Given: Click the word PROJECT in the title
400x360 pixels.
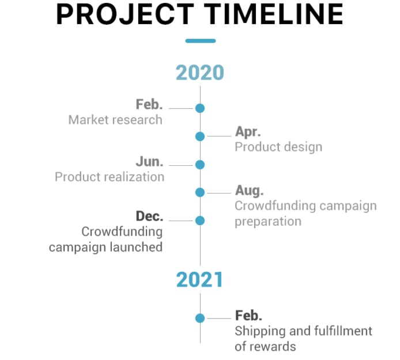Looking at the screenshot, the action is point(125,14).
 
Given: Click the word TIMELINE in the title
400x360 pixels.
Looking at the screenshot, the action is point(274,14).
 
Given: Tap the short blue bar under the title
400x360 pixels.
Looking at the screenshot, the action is point(201,41).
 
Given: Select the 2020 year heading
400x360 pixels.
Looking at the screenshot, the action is point(200,73).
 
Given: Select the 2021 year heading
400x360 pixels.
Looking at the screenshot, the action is point(199,280).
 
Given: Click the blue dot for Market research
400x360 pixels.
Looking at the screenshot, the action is point(200,108).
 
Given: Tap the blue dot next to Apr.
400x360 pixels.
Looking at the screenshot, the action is point(200,137).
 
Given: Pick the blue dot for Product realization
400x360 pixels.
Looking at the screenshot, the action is point(200,165).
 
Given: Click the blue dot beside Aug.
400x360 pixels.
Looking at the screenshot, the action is point(200,192).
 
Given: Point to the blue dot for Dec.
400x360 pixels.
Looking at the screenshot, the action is point(200,221).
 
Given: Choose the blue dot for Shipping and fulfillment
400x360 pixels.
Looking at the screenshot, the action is point(200,318).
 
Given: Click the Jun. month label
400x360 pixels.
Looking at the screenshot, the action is point(149,162).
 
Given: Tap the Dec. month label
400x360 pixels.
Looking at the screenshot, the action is point(149,216).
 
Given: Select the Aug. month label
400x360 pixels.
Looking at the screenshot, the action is point(249,191).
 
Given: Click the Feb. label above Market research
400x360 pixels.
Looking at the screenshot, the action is point(149,104).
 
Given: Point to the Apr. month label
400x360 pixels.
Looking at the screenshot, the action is point(248,132).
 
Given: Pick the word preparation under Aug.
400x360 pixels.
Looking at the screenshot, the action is point(268,222).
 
